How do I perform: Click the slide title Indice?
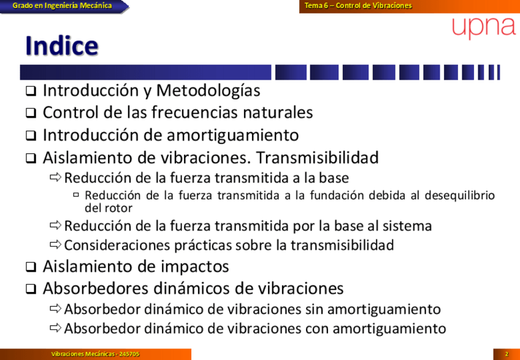pos(62,46)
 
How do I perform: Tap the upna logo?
pos(484,28)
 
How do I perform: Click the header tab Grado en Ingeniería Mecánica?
pos(63,6)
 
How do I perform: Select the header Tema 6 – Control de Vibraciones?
pos(358,6)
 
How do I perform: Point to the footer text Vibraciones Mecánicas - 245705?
pos(95,354)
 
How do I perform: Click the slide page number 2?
pos(507,354)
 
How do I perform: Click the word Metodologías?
pos(208,91)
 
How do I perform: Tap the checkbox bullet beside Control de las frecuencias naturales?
pos(31,113)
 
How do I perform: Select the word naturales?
pos(278,112)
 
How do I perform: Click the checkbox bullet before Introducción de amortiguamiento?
pos(31,136)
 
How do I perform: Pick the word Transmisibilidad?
pos(317,158)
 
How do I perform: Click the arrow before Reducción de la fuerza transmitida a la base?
pos(56,177)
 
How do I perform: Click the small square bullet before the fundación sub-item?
pos(76,195)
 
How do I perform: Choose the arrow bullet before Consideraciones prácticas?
pos(56,245)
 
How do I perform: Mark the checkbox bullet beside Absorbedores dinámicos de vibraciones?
pos(31,289)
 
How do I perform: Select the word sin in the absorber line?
pos(314,309)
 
